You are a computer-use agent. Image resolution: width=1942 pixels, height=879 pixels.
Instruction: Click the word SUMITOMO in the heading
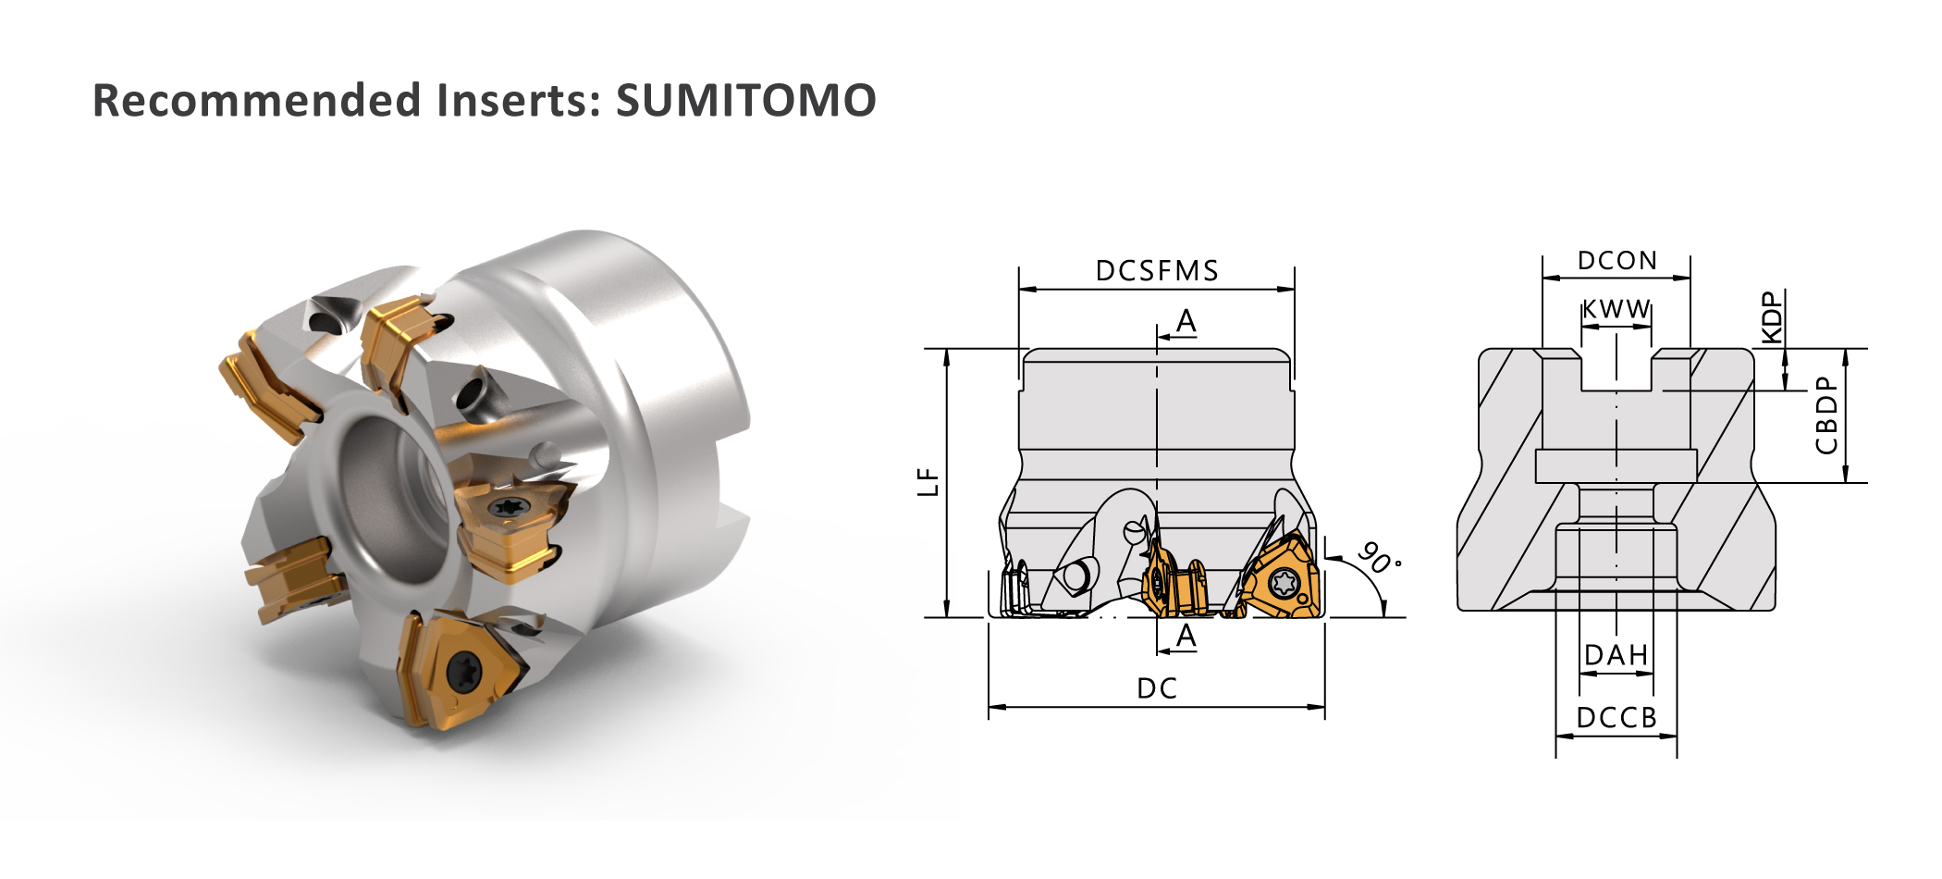[745, 100]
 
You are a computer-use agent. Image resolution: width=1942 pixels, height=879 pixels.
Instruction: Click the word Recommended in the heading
[257, 100]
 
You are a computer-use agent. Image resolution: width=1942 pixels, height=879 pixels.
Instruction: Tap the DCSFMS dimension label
[1157, 271]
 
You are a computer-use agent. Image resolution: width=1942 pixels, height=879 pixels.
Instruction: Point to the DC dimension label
[1157, 688]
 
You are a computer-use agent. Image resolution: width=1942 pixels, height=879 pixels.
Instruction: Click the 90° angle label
[1379, 558]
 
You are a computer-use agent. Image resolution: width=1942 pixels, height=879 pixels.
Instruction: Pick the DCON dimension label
[1616, 261]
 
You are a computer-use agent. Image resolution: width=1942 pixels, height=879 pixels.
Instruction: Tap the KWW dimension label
[1616, 309]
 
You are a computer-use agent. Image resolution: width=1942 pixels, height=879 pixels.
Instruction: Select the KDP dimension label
[1771, 317]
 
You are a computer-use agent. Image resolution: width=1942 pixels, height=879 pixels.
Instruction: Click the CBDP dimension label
[1826, 415]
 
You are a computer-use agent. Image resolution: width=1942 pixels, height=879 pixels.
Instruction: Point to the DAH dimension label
[1616, 655]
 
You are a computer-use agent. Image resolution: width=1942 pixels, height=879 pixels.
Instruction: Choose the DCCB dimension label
[1616, 718]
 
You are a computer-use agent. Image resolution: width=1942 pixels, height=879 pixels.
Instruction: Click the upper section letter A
[1186, 321]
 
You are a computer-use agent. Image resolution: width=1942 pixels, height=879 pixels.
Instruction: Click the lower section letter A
[1186, 636]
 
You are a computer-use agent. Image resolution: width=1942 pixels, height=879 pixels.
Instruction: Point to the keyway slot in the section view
[1616, 369]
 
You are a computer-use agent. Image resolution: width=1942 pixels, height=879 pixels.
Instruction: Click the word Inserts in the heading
[519, 100]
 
